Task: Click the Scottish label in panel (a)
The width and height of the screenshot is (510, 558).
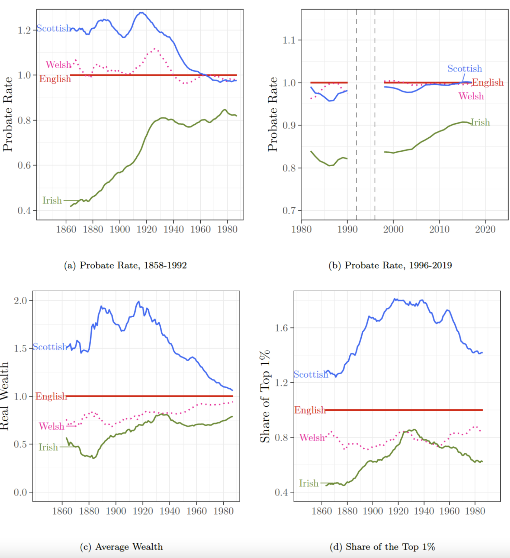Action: point(54,28)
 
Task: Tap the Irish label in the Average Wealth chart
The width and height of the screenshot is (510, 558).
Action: point(48,447)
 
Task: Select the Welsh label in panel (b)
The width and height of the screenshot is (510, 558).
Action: point(471,96)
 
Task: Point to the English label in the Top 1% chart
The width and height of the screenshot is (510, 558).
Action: point(310,410)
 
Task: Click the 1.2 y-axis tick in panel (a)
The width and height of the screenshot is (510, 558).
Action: point(24,30)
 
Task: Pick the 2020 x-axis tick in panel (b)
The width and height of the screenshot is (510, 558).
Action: point(485,229)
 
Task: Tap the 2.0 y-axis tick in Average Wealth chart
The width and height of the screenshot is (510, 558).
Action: point(20,301)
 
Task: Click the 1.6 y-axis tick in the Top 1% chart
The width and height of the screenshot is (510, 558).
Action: point(281,328)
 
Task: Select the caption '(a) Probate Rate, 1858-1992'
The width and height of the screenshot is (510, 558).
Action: point(125,265)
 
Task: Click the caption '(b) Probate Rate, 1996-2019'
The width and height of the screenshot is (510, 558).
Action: point(390,265)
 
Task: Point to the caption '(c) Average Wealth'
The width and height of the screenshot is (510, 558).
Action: point(121,547)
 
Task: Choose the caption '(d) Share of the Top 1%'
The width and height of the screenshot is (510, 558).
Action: point(382,547)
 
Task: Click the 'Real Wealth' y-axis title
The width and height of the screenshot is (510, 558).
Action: point(4,396)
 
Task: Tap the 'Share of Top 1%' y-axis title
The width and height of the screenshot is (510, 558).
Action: point(265,396)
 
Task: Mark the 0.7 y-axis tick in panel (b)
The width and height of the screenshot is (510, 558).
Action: point(289,210)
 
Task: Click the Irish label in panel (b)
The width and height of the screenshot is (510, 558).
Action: point(480,122)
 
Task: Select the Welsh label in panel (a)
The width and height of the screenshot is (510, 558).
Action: point(58,65)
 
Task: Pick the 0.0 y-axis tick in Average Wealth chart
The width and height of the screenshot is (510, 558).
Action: point(20,492)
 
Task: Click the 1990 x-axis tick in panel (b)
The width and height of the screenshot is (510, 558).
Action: point(347,229)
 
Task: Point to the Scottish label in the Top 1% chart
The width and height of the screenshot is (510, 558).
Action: point(311,375)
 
